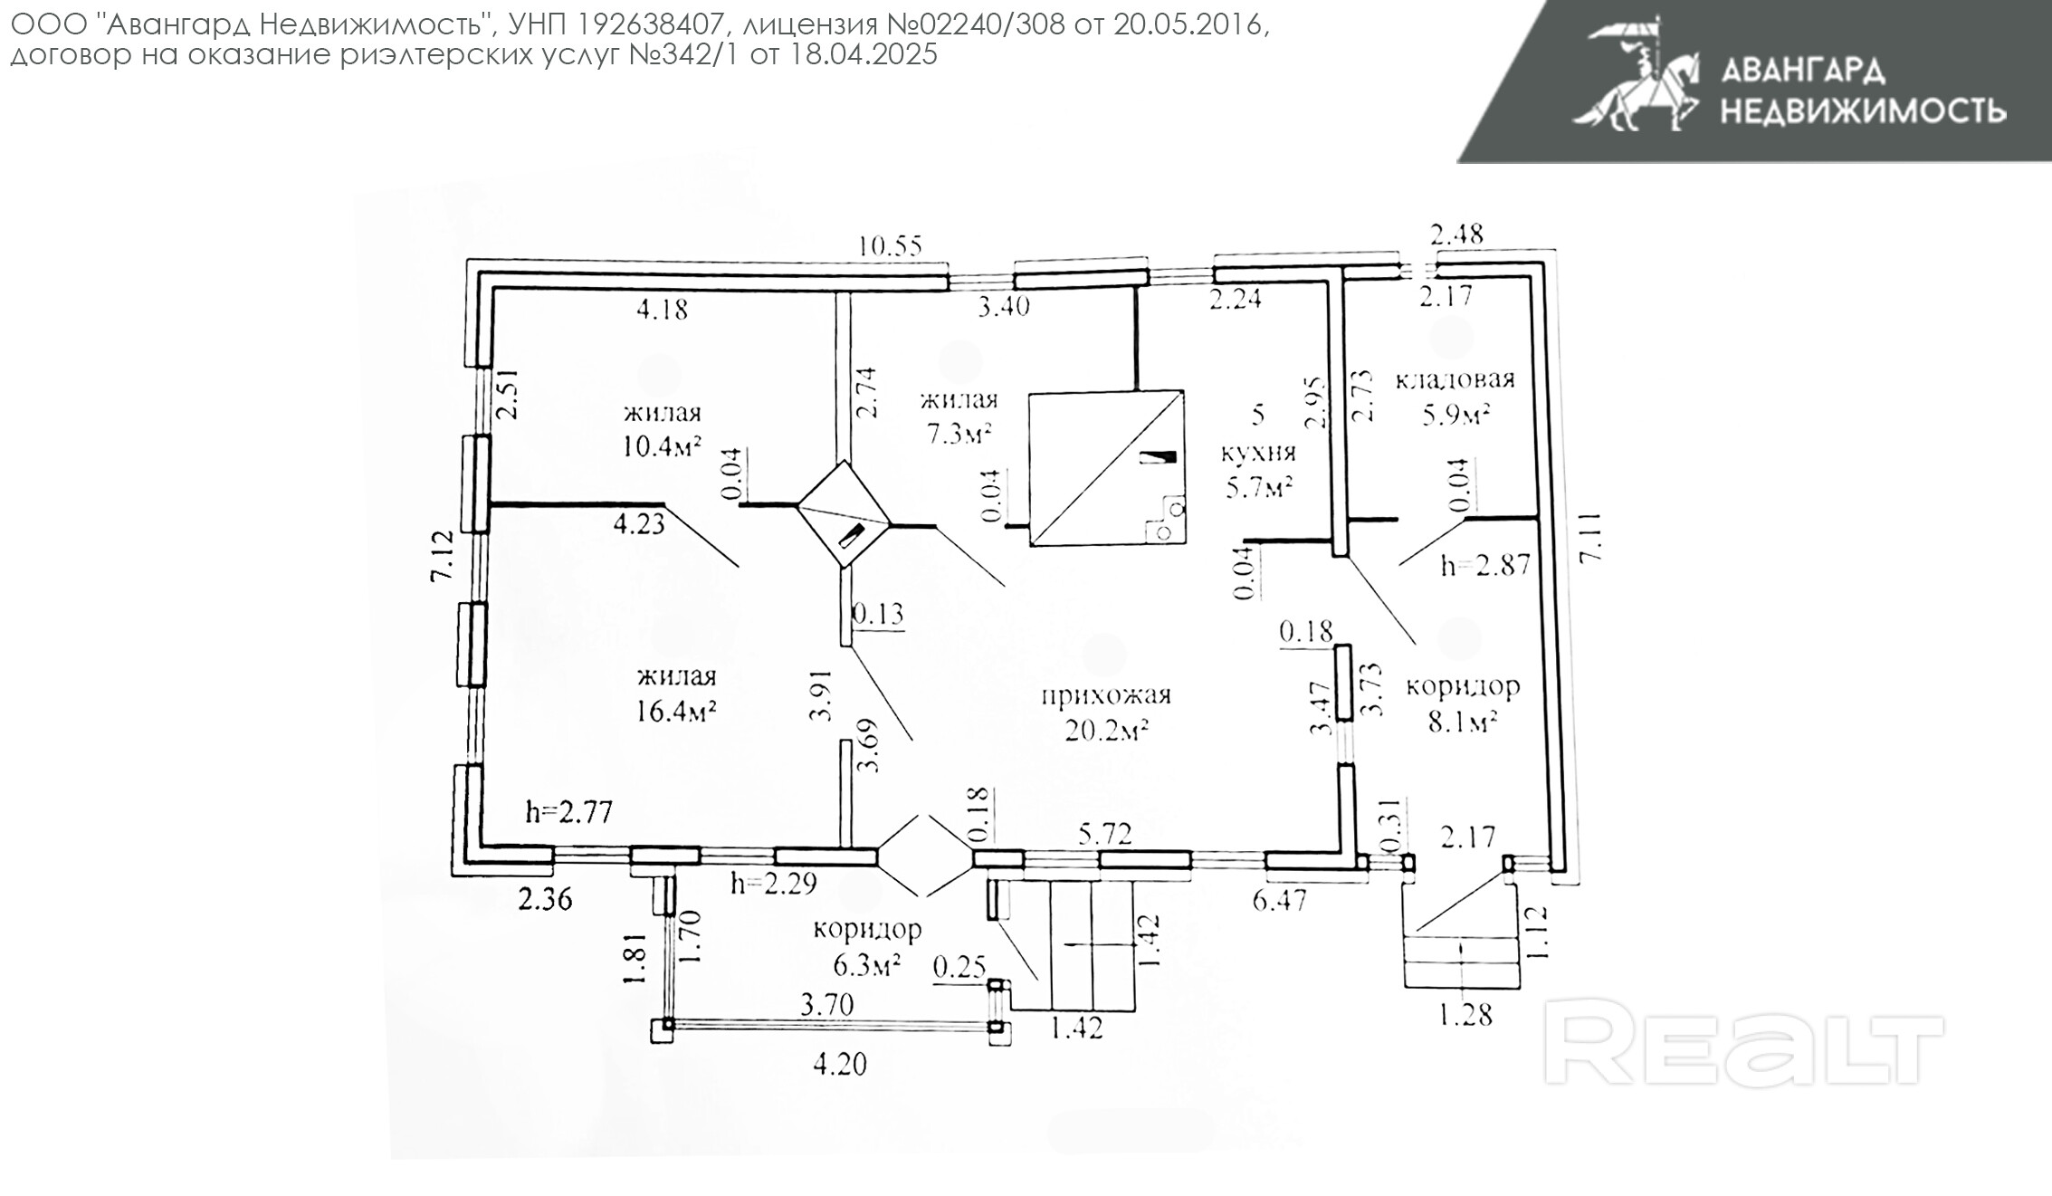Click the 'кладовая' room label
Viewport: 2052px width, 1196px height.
pyautogui.click(x=1455, y=379)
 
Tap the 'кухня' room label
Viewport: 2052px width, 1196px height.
pyautogui.click(x=1259, y=453)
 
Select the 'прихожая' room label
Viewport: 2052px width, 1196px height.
pyautogui.click(x=1106, y=695)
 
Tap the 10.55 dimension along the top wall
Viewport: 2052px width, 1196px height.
pyautogui.click(x=892, y=245)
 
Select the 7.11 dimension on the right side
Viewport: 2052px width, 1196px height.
pyautogui.click(x=1592, y=538)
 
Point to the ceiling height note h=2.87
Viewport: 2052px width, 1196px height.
pyautogui.click(x=1485, y=565)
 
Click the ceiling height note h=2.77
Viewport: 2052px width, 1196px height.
pyautogui.click(x=569, y=811)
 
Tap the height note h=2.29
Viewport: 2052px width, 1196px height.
pyautogui.click(x=774, y=883)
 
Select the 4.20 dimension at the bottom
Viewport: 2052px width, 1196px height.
pyautogui.click(x=840, y=1065)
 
